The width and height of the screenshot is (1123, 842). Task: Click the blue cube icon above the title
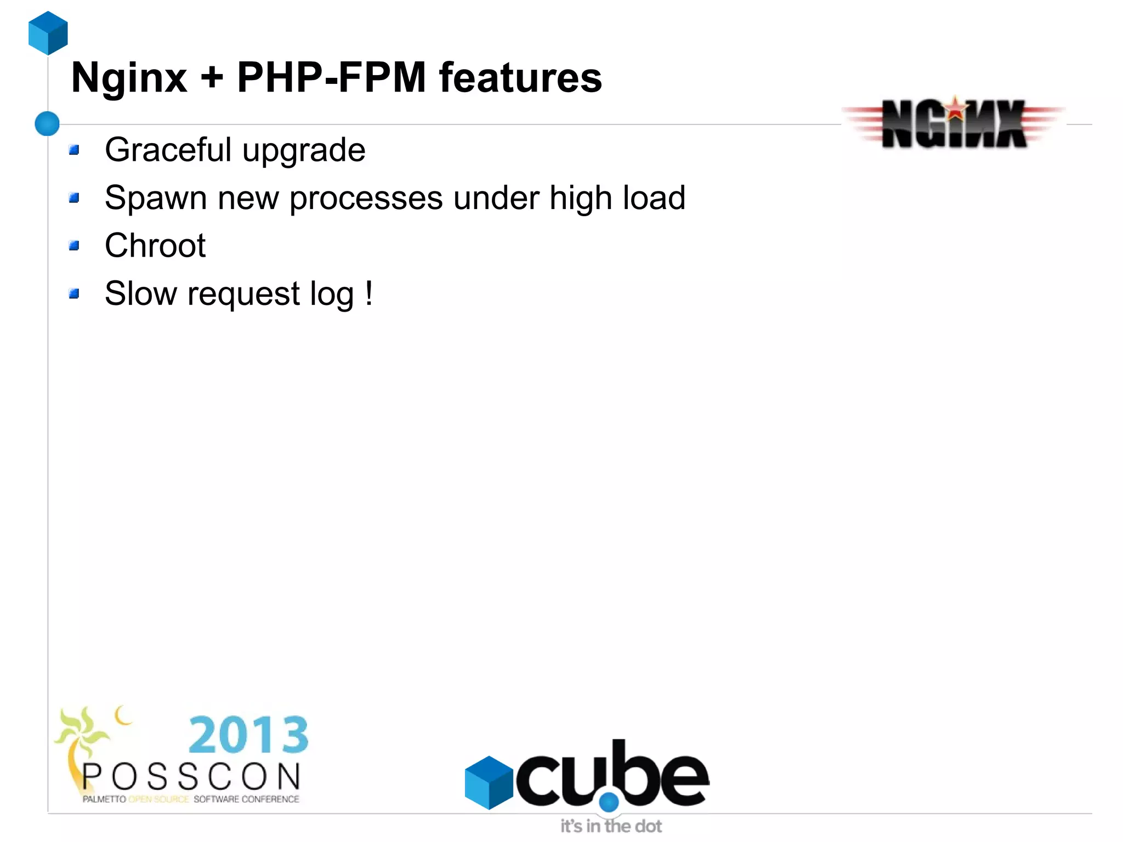[48, 33]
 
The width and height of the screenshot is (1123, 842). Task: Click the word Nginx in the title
[129, 78]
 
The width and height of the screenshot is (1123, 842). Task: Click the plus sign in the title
[212, 78]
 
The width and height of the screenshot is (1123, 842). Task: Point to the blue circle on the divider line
[47, 123]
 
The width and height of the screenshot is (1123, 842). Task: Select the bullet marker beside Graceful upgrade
[75, 150]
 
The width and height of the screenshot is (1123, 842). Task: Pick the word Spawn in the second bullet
[156, 197]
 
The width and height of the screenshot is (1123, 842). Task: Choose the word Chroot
[155, 245]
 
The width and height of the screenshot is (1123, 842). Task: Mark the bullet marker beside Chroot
[75, 245]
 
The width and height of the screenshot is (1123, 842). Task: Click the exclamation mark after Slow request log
[369, 293]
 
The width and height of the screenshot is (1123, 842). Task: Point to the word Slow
[141, 293]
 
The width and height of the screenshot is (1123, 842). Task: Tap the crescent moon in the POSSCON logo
[123, 715]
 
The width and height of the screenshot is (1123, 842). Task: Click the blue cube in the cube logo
[489, 782]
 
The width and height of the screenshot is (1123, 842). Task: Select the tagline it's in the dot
[611, 826]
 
